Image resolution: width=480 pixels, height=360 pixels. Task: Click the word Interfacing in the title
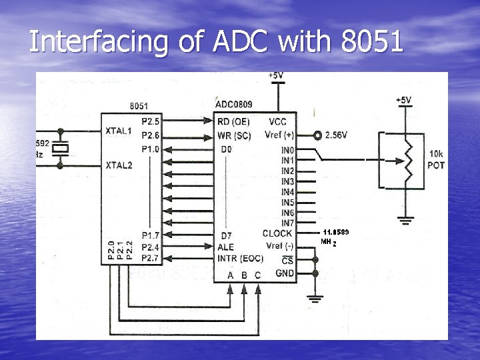[x=97, y=42]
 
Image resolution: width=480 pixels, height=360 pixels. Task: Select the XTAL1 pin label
[x=119, y=131]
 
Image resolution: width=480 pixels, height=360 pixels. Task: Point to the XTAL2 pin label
[x=119, y=165]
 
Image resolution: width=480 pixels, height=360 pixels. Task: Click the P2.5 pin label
[x=151, y=121]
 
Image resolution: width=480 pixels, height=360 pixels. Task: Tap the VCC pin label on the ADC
[x=278, y=121]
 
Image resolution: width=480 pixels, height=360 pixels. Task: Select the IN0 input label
[x=287, y=151]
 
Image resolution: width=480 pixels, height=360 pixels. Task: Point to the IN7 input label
[x=287, y=223]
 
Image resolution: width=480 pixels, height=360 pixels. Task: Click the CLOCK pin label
[x=277, y=233]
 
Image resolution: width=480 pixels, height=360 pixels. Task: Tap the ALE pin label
[x=226, y=247]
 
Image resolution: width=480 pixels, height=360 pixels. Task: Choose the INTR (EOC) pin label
[x=240, y=259]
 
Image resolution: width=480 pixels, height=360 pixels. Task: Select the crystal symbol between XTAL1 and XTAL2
[x=61, y=148]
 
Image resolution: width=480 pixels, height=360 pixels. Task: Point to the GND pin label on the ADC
[x=285, y=273]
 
